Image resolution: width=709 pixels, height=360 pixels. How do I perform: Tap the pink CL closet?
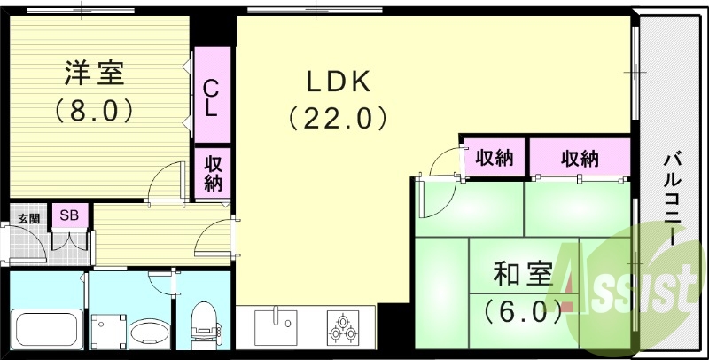(211, 98)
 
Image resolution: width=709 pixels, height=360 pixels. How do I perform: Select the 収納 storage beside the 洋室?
(213, 173)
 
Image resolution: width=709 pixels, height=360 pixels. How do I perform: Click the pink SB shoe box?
(67, 215)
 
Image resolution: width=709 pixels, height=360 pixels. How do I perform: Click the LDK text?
(337, 82)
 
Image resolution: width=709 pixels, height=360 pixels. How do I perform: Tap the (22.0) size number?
(338, 118)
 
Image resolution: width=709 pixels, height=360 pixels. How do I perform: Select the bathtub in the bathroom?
(44, 329)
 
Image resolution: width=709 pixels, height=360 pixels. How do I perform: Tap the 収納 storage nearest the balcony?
(580, 159)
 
